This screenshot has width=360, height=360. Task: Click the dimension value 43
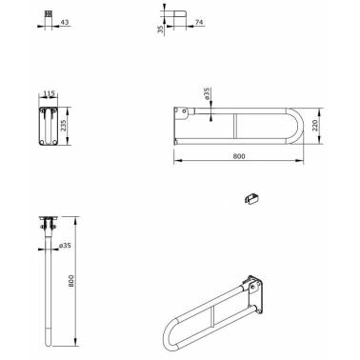pyautogui.click(x=65, y=22)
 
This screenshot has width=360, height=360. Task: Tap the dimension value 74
pyautogui.click(x=199, y=22)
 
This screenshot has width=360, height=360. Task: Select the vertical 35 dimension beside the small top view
pyautogui.click(x=160, y=29)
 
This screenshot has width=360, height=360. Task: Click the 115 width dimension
pyautogui.click(x=49, y=93)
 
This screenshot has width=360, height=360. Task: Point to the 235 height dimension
pyautogui.click(x=64, y=126)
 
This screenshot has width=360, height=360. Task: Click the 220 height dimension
pyautogui.click(x=315, y=126)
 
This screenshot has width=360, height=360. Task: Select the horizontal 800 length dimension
pyautogui.click(x=239, y=156)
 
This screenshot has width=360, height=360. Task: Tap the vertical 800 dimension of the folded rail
pyautogui.click(x=70, y=281)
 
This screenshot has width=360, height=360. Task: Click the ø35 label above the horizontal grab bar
pyautogui.click(x=207, y=94)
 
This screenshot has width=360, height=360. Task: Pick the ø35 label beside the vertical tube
pyautogui.click(x=65, y=246)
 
